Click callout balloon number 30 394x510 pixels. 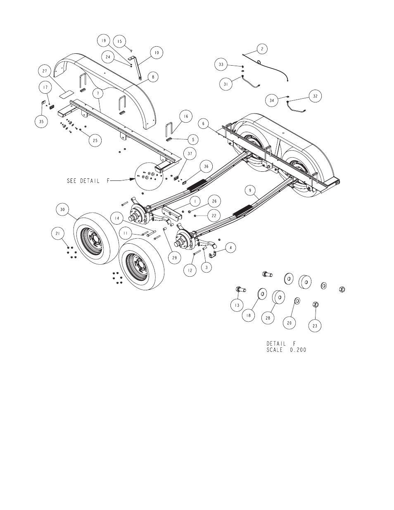coord(63,210)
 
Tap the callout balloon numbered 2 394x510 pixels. coord(262,49)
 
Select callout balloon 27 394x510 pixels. coord(45,71)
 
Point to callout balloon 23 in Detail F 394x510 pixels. coord(315,325)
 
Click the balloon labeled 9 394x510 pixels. coord(250,190)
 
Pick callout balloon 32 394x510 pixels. coord(315,96)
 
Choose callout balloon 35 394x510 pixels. coord(41,121)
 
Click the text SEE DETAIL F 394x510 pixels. coord(88,181)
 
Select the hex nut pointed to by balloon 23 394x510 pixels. coord(316,305)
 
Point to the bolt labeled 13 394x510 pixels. coord(240,289)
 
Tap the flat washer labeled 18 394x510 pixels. coord(262,294)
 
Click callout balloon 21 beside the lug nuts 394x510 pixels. coord(58,233)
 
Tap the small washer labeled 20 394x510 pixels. coord(297,301)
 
